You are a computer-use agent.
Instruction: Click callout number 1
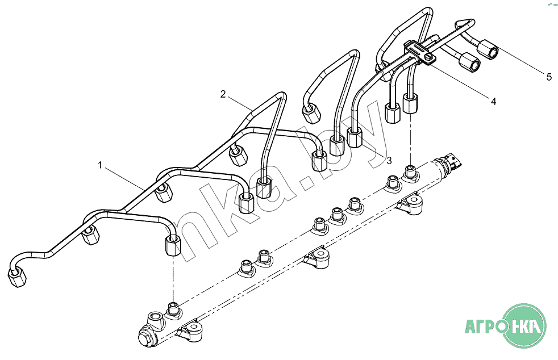[x=100, y=166]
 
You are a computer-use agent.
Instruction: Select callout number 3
[x=389, y=161]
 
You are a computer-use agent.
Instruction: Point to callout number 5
[x=548, y=77]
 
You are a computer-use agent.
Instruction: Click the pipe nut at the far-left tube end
[x=16, y=278]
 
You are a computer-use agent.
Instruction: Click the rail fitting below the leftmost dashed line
[x=173, y=310]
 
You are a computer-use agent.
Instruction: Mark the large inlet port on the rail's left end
[x=155, y=317]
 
